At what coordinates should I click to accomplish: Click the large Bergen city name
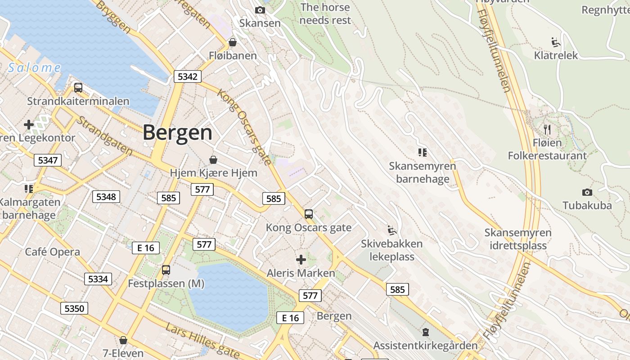click(178, 132)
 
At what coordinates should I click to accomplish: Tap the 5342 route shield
click(187, 76)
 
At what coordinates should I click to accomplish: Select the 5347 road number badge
click(48, 160)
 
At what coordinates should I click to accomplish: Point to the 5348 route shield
click(106, 197)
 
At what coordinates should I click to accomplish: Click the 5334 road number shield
click(98, 279)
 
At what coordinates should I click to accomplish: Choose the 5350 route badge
click(74, 308)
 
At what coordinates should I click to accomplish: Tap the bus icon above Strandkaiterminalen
click(78, 88)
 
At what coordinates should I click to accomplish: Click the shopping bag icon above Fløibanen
click(233, 43)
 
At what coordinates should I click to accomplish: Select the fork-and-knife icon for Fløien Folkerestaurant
click(547, 130)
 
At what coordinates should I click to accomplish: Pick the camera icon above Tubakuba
click(587, 193)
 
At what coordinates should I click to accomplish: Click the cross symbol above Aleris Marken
click(301, 260)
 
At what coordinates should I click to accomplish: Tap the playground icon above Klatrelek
click(556, 42)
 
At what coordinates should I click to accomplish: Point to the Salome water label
click(35, 68)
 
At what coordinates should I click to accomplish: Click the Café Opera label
click(53, 252)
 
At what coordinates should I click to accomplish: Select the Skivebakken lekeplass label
click(392, 250)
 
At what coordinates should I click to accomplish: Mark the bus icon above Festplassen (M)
click(166, 270)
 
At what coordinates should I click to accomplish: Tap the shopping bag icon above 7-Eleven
click(123, 340)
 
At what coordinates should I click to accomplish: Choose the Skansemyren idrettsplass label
click(518, 239)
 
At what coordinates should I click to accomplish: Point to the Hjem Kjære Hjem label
click(213, 173)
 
